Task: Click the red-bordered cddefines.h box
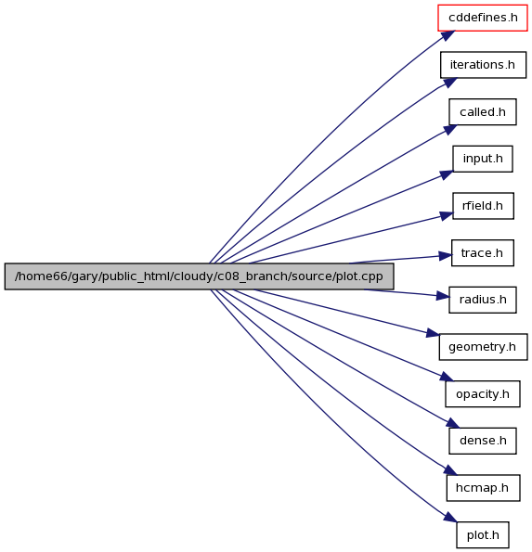tap(482, 18)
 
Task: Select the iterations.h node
tap(483, 65)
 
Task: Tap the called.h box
tap(482, 112)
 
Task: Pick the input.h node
tap(482, 159)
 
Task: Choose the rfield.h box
tap(483, 206)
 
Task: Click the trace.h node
tap(482, 252)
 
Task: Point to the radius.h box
tap(482, 300)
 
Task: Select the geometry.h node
tap(483, 347)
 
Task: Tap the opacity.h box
tap(482, 394)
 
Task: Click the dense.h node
tap(482, 441)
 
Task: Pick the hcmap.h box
tap(483, 488)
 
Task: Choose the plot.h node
tap(482, 534)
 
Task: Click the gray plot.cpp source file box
tap(199, 276)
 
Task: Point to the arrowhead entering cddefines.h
tap(447, 35)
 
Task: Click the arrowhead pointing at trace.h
tap(445, 256)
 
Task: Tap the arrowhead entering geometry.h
tap(433, 333)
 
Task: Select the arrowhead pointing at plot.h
tap(450, 517)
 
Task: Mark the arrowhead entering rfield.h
tap(446, 216)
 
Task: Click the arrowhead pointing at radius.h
tap(443, 296)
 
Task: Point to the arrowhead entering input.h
tap(447, 174)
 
